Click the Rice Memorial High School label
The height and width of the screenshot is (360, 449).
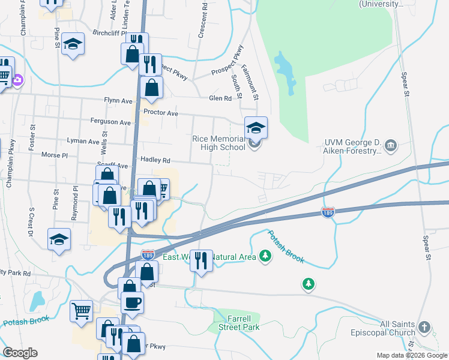coord(218,143)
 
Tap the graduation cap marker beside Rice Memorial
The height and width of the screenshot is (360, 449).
coord(256,128)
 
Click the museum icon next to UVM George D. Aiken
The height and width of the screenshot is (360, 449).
coord(391,145)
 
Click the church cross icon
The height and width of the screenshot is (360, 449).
coord(424,328)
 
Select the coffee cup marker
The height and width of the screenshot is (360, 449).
coord(132,304)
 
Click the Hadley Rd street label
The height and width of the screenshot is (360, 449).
coord(155,160)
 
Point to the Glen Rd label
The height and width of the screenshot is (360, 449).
coord(220,98)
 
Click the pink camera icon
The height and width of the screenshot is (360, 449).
coord(18,80)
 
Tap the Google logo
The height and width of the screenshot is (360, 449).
coord(20,353)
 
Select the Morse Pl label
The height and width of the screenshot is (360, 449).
coord(55,155)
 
